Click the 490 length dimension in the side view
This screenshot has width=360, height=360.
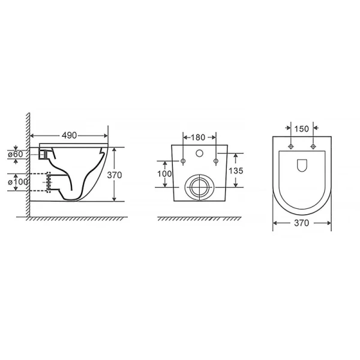[x=70, y=136]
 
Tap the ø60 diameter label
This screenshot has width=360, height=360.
[x=17, y=154]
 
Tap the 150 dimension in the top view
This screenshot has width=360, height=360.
[x=302, y=128]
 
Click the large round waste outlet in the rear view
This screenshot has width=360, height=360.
[x=199, y=187]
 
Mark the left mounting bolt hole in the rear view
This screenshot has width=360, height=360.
[x=182, y=160]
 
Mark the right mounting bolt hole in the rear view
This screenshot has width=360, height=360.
[x=215, y=160]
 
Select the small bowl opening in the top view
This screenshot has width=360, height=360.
[x=302, y=164]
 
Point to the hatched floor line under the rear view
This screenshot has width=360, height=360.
[x=199, y=218]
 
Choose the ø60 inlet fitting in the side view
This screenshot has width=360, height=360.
[x=41, y=154]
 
